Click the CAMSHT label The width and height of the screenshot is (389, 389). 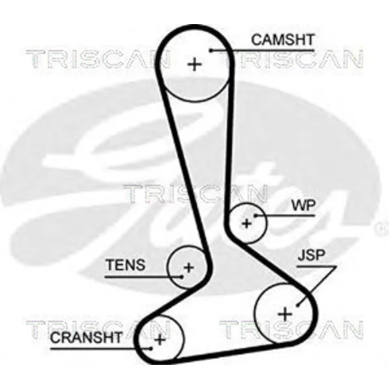pos(282,40)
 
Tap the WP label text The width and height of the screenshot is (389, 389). pos(304,205)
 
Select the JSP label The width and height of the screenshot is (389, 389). pos(311,255)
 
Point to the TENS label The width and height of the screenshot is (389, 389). pos(125,265)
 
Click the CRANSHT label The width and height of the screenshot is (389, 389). pos(86,338)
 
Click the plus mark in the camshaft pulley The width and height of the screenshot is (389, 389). pos(194,65)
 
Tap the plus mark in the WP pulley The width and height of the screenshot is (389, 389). pos(247,223)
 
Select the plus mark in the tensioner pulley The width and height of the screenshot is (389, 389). pos(188,268)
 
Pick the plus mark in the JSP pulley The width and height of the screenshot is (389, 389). pos(285,314)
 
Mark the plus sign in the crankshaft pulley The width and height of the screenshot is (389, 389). pos(159,339)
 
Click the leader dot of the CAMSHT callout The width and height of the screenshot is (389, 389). pos(212,51)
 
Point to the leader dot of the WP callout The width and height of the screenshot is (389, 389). pos(255,216)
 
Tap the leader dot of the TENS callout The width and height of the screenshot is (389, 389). pos(182,277)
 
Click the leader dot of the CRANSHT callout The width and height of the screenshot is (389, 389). pos(151,349)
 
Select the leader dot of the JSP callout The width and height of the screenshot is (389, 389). pos(298,306)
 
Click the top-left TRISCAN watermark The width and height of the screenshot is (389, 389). pos(98,59)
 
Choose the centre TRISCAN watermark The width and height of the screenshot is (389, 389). pos(195,194)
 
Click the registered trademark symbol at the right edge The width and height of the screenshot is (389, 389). pos(382,229)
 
